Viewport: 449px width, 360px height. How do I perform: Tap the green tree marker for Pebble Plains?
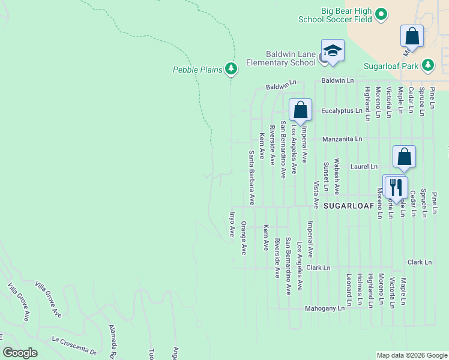point(231,70)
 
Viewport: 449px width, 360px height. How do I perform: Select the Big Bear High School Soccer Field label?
point(335,15)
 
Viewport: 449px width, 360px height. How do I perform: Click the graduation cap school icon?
point(332,50)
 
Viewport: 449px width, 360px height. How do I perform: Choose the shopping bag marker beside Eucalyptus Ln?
point(300,110)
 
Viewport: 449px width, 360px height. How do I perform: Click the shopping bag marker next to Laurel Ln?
point(405,156)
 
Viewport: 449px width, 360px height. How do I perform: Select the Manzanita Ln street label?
point(342,139)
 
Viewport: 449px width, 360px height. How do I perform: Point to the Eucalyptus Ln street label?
point(342,111)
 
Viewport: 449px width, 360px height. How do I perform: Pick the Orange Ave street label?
point(244,238)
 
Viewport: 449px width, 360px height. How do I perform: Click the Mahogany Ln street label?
point(325,308)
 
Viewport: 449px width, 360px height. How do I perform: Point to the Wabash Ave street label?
point(337,177)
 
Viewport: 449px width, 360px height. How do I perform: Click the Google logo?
point(20,353)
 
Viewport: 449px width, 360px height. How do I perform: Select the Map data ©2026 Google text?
point(411,355)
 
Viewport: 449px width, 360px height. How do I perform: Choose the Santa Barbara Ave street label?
point(252,178)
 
